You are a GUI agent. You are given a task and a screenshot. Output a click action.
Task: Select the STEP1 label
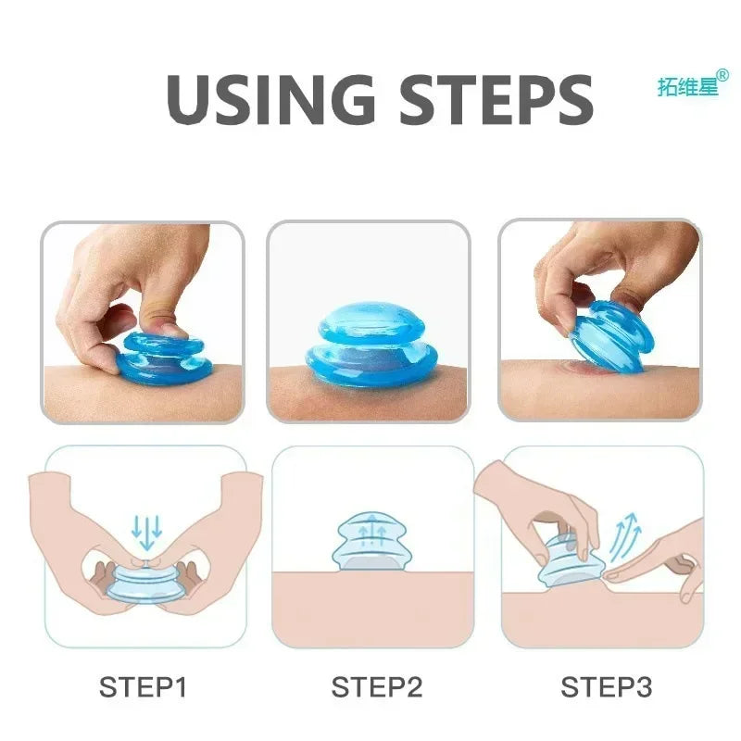[x=144, y=687]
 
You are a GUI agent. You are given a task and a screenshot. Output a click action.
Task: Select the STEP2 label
[x=376, y=687]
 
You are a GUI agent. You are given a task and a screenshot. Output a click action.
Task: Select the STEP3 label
[x=606, y=687]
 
